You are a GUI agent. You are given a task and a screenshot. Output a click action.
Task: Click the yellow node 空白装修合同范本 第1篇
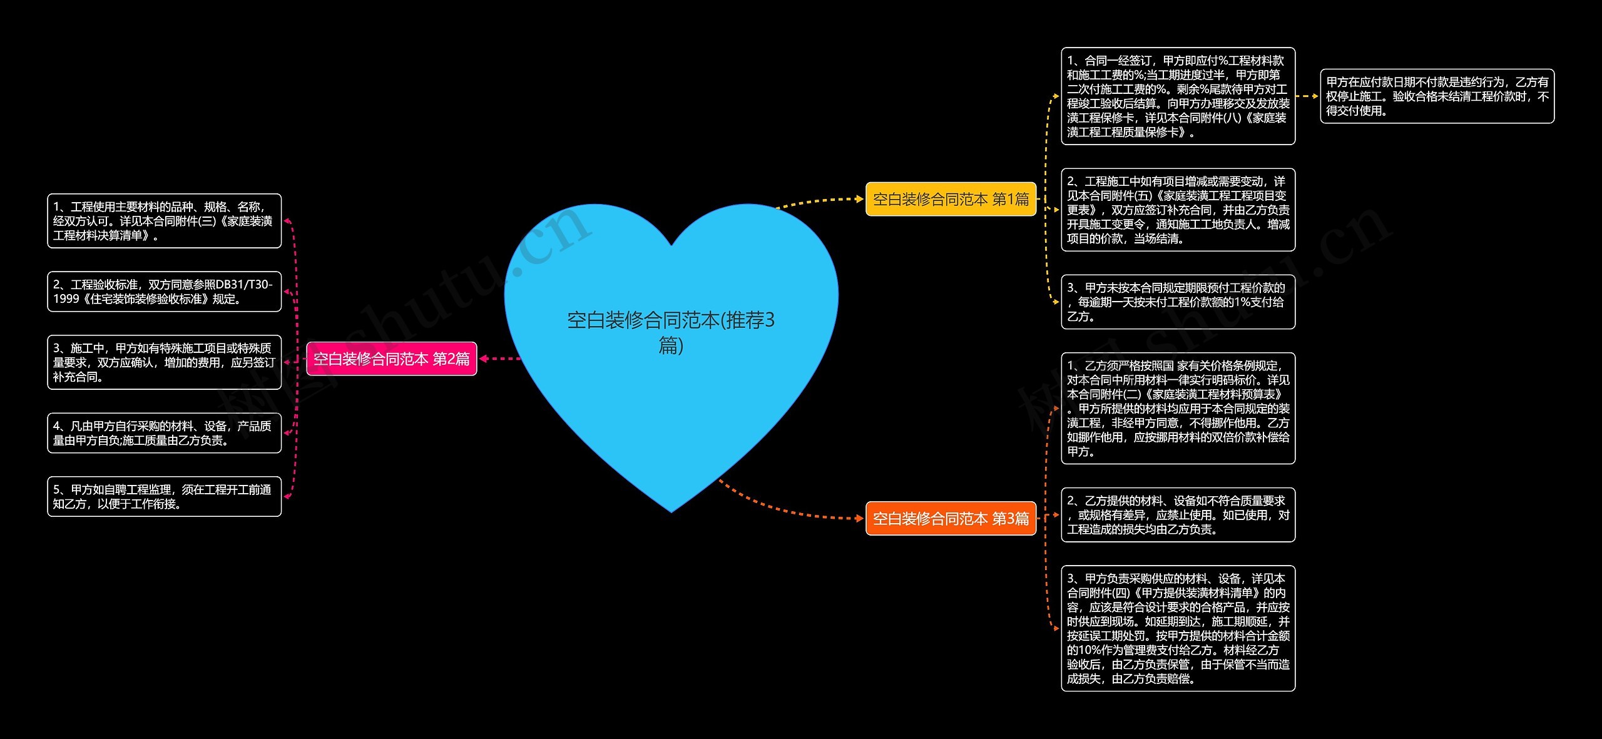pyautogui.click(x=951, y=199)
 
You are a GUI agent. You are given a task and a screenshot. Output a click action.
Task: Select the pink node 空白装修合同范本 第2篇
pyautogui.click(x=392, y=359)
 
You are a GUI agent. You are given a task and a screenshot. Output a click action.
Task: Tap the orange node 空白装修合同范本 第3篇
pyautogui.click(x=951, y=518)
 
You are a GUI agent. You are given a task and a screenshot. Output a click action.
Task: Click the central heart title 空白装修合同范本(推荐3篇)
pyautogui.click(x=671, y=332)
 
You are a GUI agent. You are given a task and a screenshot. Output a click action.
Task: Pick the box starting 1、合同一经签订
pyautogui.click(x=1178, y=96)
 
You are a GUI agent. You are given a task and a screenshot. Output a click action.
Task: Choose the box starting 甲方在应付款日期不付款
pyautogui.click(x=1437, y=96)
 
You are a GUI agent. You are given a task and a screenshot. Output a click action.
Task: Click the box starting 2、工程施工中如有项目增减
pyautogui.click(x=1178, y=210)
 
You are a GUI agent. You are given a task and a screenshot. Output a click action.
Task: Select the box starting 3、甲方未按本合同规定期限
pyautogui.click(x=1178, y=302)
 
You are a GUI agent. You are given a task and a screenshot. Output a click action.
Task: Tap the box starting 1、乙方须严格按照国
pyautogui.click(x=1178, y=408)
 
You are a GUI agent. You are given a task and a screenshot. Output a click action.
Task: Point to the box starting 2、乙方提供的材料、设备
pyautogui.click(x=1178, y=514)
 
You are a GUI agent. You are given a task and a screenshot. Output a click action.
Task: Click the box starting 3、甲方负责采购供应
pyautogui.click(x=1178, y=628)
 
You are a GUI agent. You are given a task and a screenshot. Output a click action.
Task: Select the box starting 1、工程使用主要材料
pyautogui.click(x=164, y=221)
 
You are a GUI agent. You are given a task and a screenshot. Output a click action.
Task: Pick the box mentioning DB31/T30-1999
pyautogui.click(x=164, y=292)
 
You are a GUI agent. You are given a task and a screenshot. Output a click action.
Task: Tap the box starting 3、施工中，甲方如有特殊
pyautogui.click(x=164, y=362)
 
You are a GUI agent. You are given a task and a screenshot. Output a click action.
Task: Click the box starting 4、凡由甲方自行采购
pyautogui.click(x=164, y=433)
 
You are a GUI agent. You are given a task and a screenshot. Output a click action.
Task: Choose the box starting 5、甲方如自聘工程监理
pyautogui.click(x=164, y=496)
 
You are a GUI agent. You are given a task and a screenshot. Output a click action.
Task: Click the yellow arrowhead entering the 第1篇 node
pyautogui.click(x=860, y=199)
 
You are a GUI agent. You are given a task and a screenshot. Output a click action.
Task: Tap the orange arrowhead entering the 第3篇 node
pyautogui.click(x=860, y=518)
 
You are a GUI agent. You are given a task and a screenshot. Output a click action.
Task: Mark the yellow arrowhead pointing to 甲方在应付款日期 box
pyautogui.click(x=1315, y=96)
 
